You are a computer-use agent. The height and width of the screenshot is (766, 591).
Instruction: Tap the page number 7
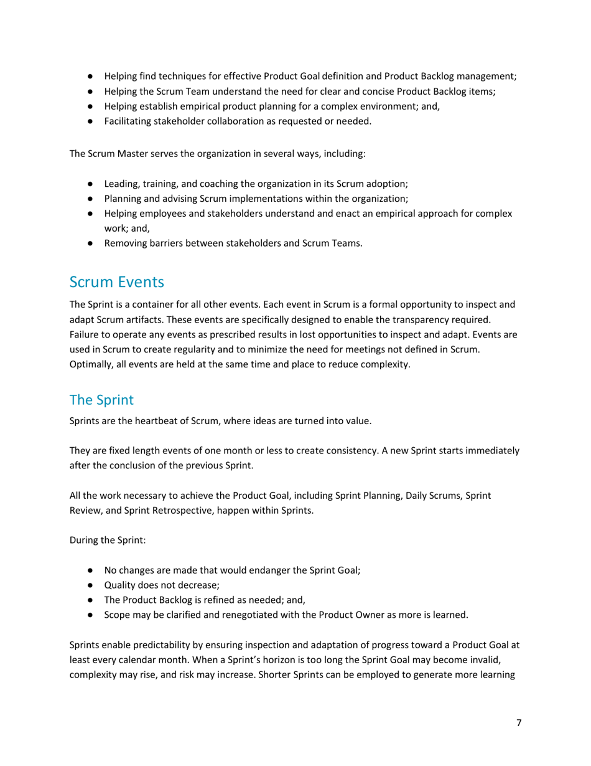519,723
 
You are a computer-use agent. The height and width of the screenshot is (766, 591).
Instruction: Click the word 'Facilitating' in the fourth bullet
129,121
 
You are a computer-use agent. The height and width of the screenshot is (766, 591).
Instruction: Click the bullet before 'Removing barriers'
90,244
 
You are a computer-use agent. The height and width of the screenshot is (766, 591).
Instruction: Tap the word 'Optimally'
91,365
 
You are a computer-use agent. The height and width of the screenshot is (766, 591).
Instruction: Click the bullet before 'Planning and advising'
90,199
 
